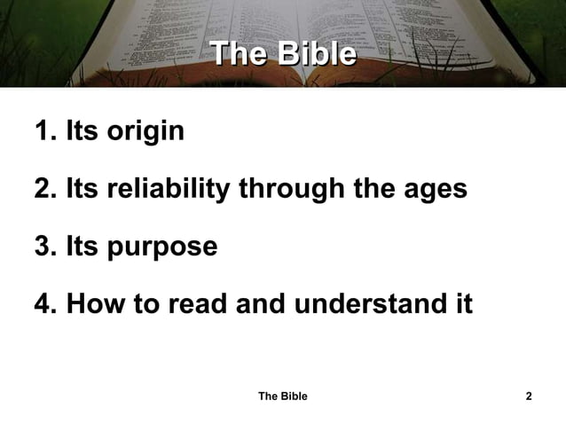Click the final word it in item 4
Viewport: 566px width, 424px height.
pos(463,303)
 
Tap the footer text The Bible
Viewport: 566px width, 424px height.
pos(282,396)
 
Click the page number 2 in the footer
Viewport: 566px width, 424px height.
pos(529,396)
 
